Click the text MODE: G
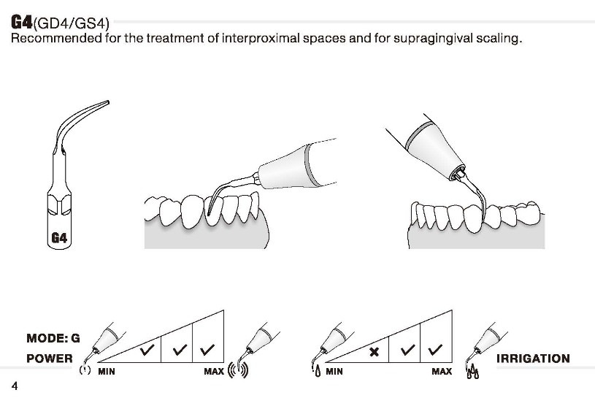(53, 338)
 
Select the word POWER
(50, 359)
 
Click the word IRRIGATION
(533, 359)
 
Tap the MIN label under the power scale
(107, 372)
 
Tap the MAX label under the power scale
(214, 372)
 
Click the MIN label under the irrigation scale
(334, 372)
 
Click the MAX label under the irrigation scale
(442, 372)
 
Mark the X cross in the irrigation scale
(374, 352)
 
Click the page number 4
(14, 386)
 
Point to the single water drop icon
(317, 372)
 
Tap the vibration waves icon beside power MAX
(239, 370)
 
